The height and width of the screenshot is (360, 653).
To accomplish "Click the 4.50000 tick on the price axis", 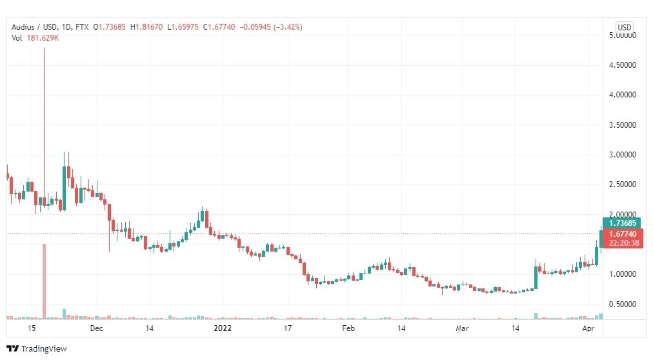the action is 623,65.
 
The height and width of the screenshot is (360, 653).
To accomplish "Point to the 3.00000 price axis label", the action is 623,154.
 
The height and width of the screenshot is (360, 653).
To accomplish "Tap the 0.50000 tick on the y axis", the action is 623,305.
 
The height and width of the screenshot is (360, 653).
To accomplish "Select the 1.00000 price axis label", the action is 623,274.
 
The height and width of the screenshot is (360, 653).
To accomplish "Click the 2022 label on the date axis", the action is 223,328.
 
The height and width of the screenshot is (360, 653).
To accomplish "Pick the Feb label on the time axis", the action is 348,328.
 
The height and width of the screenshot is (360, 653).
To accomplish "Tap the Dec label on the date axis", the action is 96,328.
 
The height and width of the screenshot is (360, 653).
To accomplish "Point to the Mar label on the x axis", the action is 462,328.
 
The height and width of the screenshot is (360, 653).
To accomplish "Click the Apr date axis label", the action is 588,328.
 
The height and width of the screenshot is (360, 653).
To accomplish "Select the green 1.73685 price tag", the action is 621,223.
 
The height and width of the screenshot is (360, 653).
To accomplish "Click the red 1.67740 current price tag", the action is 623,234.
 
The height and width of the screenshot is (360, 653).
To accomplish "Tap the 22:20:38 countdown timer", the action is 623,243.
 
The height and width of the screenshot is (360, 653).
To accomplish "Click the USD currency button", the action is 624,28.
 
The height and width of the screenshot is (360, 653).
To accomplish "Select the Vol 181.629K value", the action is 35,38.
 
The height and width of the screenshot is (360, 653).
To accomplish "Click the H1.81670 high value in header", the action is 146,27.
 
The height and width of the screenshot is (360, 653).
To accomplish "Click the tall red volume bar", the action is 44,281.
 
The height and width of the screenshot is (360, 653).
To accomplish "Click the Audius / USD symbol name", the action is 34,27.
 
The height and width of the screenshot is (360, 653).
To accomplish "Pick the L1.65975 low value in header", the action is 183,27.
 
